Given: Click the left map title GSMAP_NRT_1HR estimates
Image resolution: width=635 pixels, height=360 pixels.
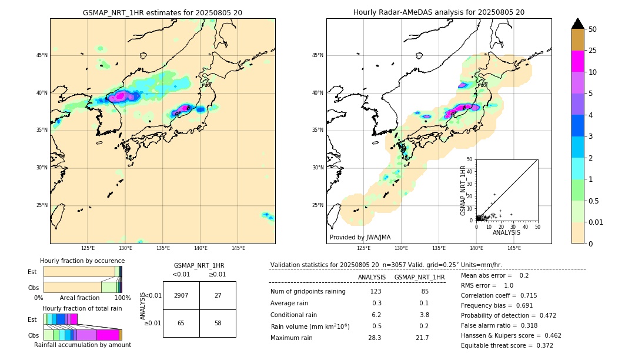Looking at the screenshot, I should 162,12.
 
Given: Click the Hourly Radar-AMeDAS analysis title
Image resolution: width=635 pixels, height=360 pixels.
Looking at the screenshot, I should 439,12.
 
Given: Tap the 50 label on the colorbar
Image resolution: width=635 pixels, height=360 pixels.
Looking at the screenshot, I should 593,29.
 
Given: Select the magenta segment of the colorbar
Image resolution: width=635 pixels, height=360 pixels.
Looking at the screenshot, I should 578,61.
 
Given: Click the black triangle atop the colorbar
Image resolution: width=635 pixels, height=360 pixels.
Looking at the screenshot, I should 578,24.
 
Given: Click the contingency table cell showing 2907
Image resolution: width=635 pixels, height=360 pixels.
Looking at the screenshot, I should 181,295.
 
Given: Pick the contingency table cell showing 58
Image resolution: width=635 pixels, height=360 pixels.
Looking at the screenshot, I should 218,323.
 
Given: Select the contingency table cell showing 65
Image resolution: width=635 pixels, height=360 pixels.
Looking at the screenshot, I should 181,323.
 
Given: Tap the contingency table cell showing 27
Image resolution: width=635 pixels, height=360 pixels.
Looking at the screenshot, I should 218,295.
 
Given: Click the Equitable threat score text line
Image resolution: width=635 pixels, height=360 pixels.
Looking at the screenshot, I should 507,345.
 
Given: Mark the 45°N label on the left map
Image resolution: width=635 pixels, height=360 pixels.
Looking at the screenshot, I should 41,55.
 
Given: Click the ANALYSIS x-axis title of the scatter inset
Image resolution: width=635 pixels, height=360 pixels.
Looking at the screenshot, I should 506,232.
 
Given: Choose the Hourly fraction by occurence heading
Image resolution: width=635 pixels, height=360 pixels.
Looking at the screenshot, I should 82,261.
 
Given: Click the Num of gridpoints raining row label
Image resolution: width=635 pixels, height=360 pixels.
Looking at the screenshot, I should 308,291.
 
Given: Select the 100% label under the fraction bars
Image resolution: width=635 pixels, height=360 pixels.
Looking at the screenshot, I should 122,298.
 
